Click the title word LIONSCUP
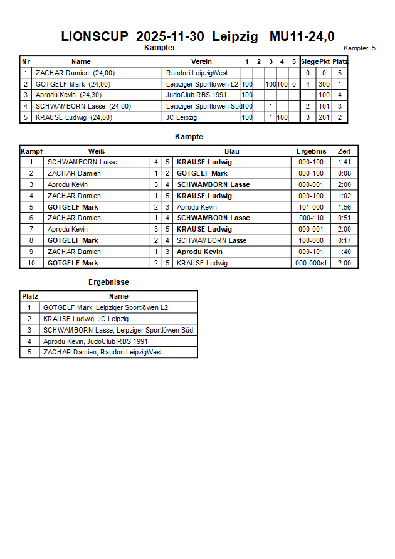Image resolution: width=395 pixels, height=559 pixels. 94,36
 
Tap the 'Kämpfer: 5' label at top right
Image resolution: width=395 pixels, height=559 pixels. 359,48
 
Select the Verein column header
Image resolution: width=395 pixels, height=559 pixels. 201,61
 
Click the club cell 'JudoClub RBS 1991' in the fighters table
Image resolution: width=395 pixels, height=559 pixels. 188,95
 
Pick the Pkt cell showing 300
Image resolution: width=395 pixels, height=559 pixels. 324,84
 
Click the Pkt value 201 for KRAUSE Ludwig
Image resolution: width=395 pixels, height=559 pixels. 324,117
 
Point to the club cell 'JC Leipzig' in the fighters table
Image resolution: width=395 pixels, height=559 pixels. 181,117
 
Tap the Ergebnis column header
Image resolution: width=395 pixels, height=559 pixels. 311,151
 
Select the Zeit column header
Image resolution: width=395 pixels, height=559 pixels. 344,151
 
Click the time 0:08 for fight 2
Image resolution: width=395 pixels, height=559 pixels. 344,173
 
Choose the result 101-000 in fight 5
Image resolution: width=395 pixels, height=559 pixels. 311,207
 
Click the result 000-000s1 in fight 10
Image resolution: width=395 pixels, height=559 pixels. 311,263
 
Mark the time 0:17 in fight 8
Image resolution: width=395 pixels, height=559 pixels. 344,240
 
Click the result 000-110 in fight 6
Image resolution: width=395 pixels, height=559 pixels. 311,218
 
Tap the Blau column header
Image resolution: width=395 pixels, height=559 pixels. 231,151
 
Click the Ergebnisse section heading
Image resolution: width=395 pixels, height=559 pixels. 108,282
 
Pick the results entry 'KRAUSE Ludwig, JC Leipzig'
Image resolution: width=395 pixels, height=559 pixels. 86,319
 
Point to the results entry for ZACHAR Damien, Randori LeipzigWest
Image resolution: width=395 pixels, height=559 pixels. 102,352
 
